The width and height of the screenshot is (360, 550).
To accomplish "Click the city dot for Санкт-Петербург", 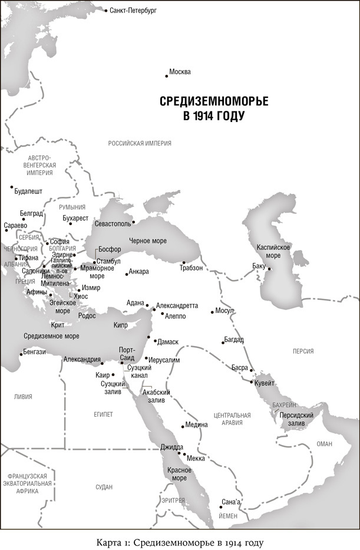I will (x=106, y=11).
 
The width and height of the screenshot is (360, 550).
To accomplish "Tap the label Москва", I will (x=180, y=72).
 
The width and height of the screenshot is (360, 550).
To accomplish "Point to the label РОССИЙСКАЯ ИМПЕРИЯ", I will (x=140, y=143).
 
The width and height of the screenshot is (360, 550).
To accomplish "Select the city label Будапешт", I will (x=28, y=192).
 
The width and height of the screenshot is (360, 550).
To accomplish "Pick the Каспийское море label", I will (x=272, y=251).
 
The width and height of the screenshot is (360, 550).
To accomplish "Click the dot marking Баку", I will (x=269, y=269).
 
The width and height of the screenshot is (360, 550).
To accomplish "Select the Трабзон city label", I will (x=191, y=268).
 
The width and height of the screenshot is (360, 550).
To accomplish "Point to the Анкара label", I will (x=139, y=272).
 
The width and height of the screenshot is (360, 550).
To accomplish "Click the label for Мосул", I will (x=224, y=310).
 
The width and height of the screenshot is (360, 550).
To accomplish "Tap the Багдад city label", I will (x=233, y=340).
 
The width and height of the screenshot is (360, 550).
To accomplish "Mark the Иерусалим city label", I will (x=164, y=359).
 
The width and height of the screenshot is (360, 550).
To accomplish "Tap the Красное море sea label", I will (x=179, y=473).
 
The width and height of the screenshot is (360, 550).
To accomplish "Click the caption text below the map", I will (x=180, y=541).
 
